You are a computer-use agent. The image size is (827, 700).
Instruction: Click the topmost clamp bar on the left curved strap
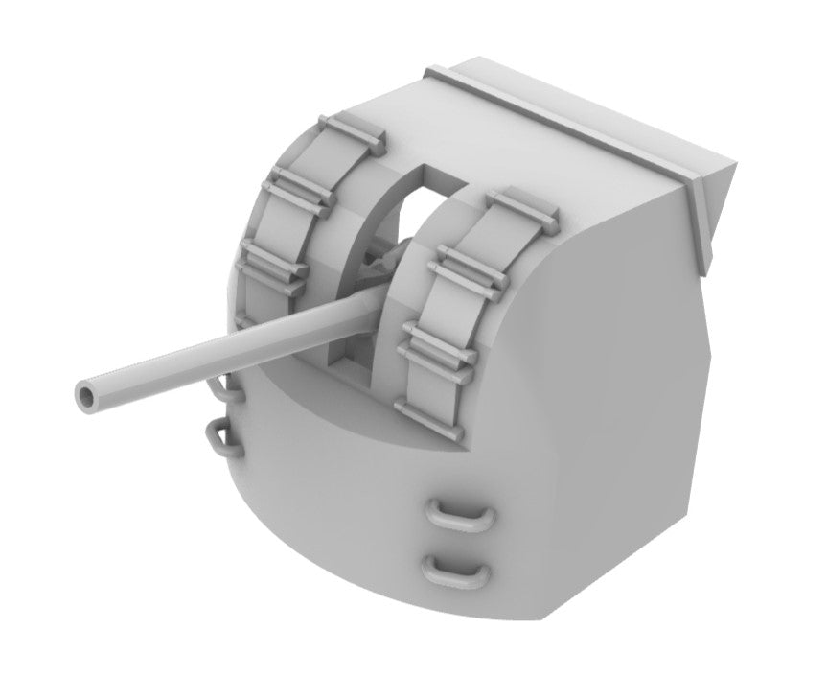[x=353, y=132]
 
